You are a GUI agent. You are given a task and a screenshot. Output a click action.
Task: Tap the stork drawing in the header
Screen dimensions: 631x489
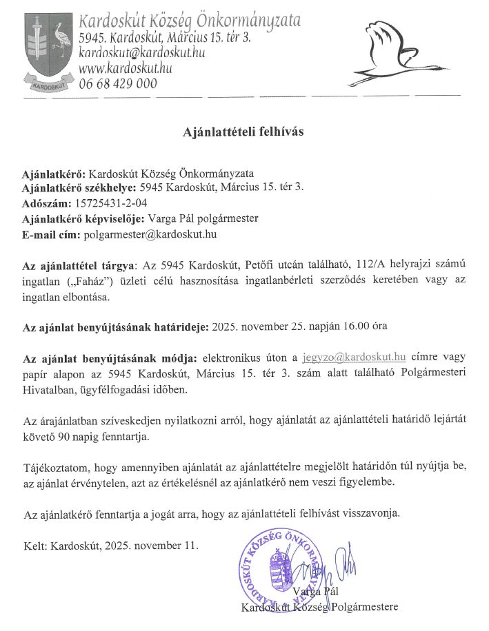397,54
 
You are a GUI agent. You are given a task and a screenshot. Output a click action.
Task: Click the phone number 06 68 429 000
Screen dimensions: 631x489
118,83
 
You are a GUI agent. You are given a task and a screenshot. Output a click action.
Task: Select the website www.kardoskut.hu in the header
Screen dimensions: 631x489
126,68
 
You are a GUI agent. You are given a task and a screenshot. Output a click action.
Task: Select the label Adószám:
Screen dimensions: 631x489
45,203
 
